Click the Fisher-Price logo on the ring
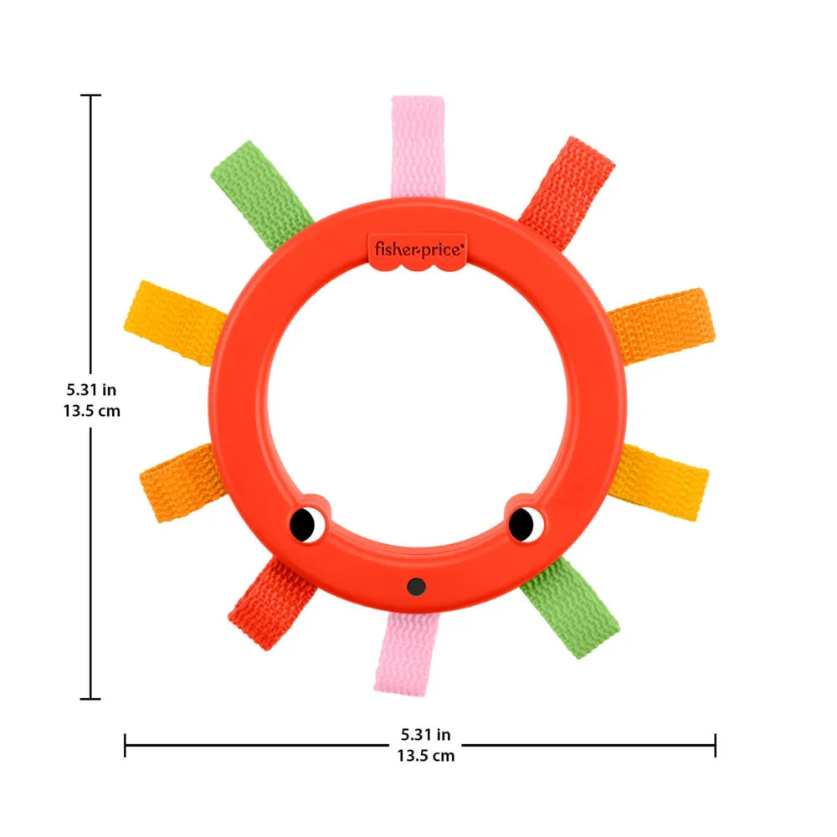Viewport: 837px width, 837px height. coord(418,251)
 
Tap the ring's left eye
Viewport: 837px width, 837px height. coord(307,525)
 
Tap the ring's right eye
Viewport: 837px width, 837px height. coord(526,524)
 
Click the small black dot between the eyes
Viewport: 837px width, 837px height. coord(416,587)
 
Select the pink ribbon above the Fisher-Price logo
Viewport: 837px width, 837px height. coord(418,146)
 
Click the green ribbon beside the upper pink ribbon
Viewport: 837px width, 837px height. coord(261,195)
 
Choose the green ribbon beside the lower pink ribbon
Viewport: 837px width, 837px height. coord(570,607)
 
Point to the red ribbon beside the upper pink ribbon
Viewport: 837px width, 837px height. coord(567,193)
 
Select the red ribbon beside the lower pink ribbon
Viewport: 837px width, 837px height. coord(272,603)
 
